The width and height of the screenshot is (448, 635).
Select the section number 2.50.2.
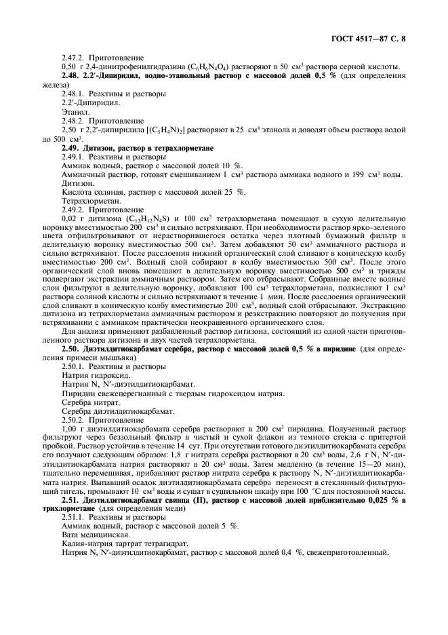click(75, 420)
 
